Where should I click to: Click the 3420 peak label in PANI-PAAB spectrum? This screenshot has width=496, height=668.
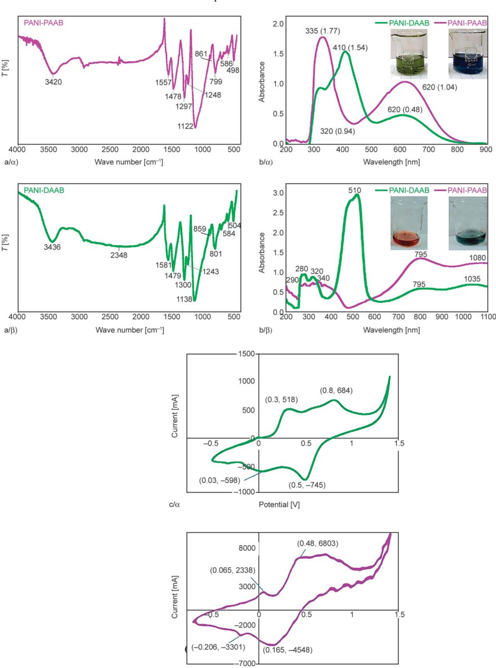pyautogui.click(x=53, y=82)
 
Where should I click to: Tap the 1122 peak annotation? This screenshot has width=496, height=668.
pyautogui.click(x=185, y=126)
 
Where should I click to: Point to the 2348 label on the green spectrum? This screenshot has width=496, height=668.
pyautogui.click(x=119, y=255)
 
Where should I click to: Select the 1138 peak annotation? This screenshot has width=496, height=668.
pyautogui.click(x=184, y=299)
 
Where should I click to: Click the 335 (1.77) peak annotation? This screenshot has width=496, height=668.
pyautogui.click(x=322, y=31)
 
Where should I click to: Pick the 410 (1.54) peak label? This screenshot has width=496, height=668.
pyautogui.click(x=350, y=48)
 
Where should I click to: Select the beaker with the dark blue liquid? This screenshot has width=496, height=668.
pyautogui.click(x=468, y=54)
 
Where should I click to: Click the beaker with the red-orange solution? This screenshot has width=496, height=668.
pyautogui.click(x=409, y=223)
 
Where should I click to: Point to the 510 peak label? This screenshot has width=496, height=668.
pyautogui.click(x=354, y=190)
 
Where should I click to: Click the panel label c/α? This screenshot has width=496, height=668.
pyautogui.click(x=174, y=505)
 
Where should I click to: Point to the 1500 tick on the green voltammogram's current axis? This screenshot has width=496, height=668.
pyautogui.click(x=246, y=354)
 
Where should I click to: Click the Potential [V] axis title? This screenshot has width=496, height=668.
pyautogui.click(x=279, y=505)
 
